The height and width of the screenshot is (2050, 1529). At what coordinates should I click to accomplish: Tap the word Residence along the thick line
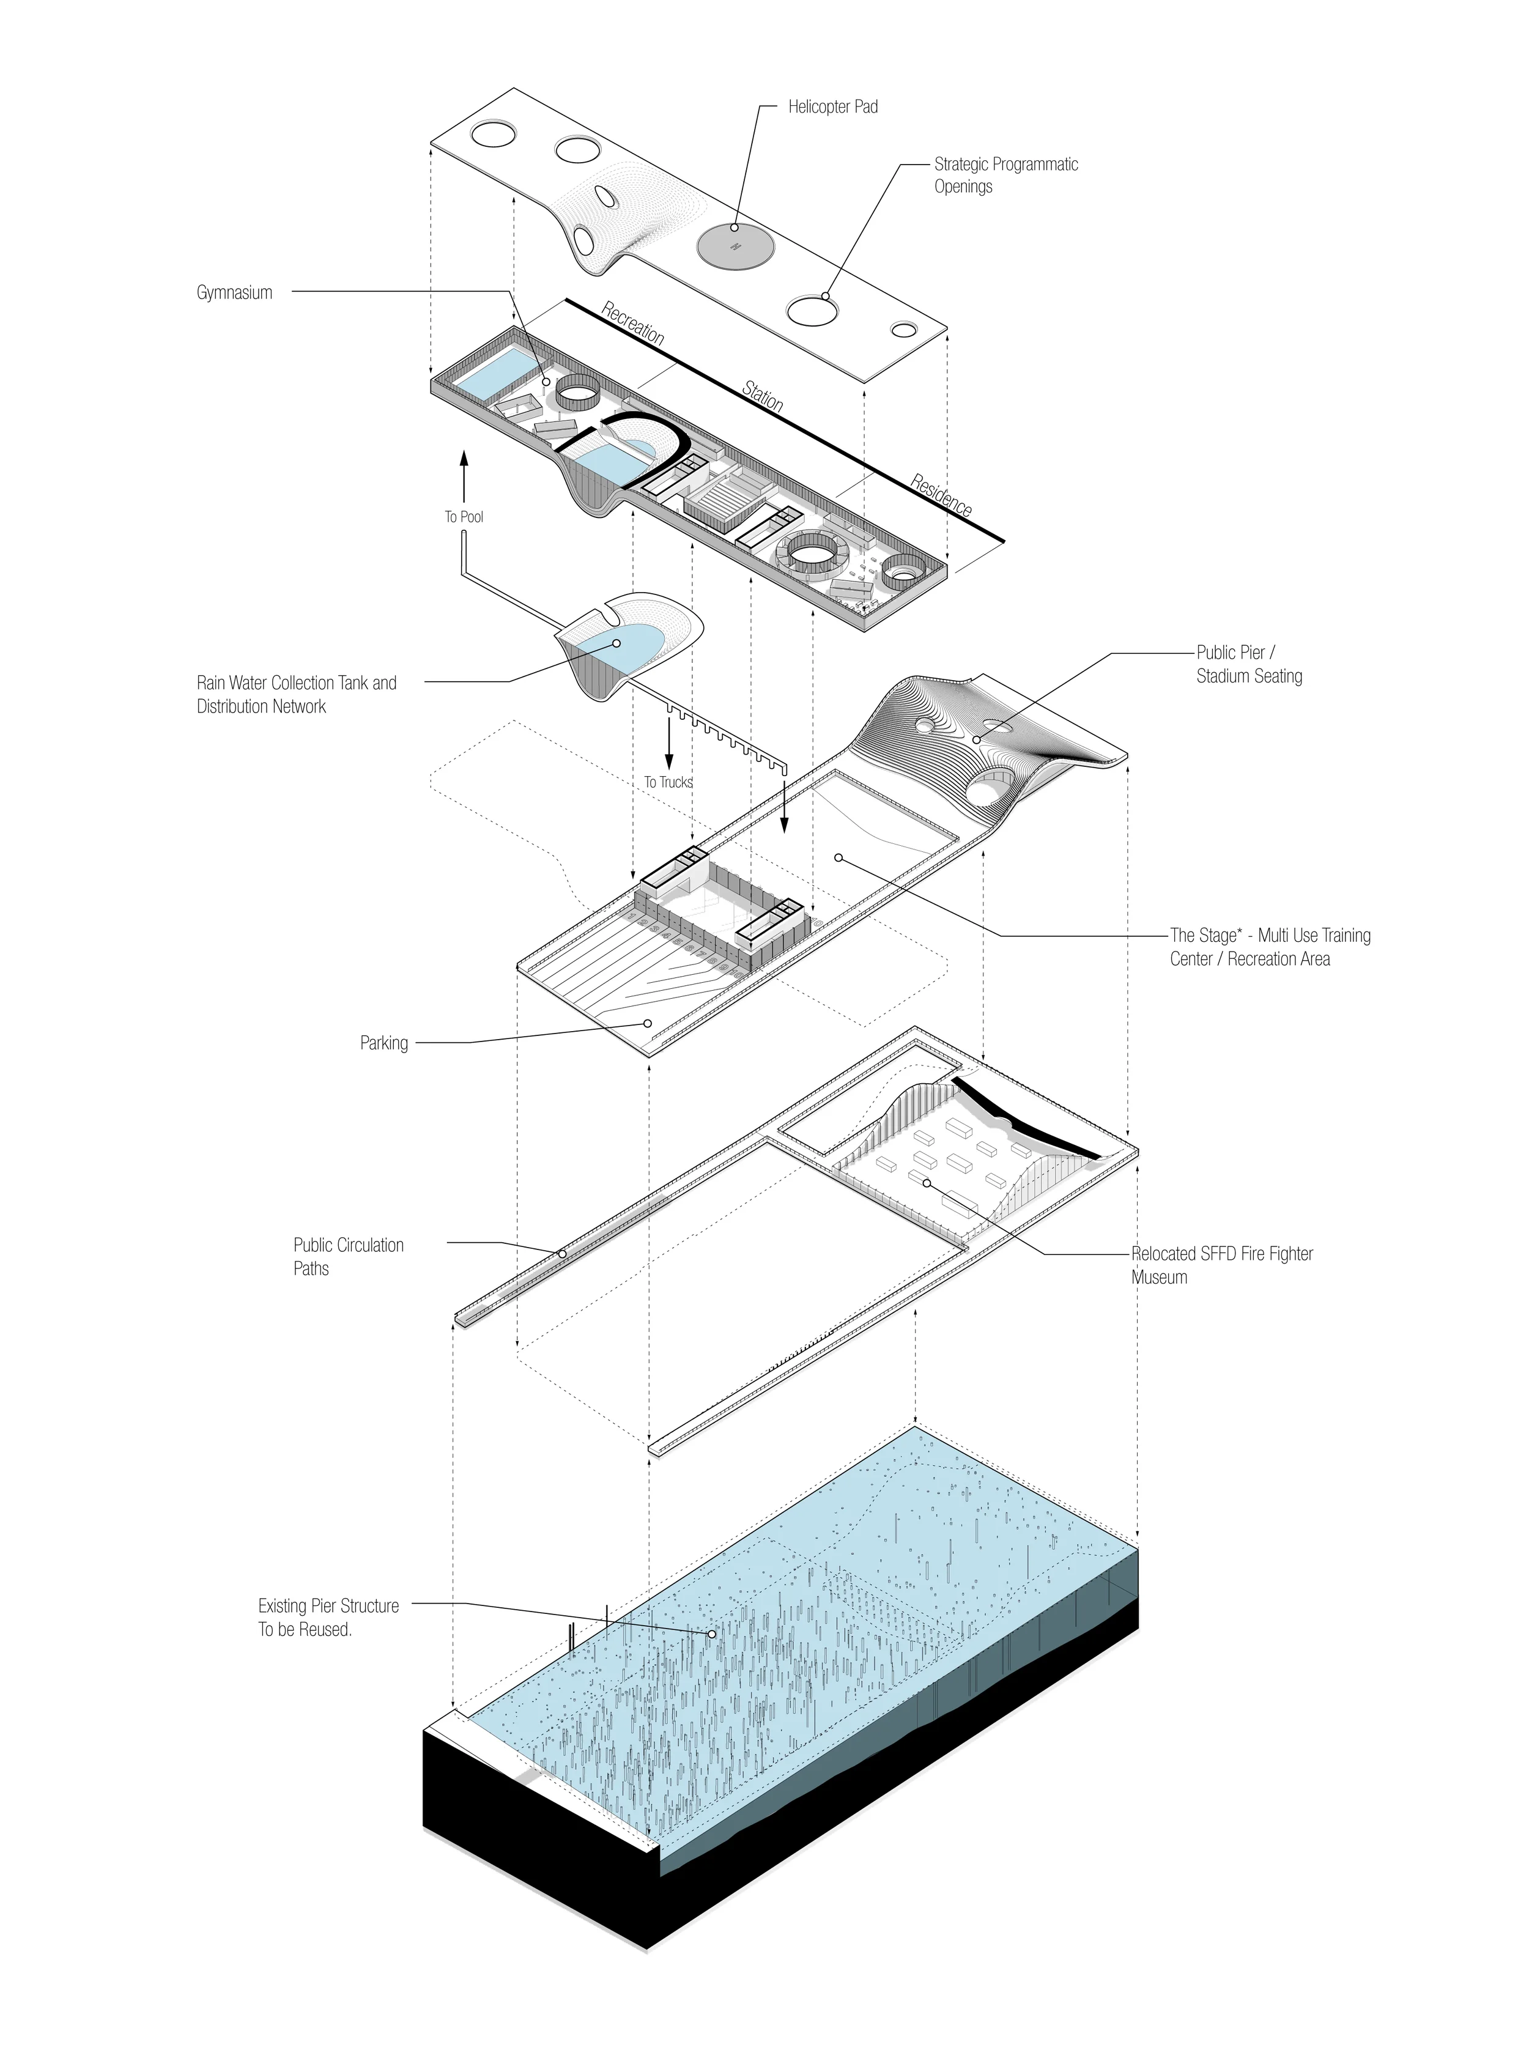click(941, 495)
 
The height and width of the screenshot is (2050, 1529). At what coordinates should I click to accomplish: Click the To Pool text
click(464, 516)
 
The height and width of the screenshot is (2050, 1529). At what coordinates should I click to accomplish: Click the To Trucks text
click(668, 782)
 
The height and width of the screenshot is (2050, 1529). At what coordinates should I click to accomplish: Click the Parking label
click(384, 1043)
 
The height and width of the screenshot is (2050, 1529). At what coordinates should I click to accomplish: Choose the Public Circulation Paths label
click(348, 1256)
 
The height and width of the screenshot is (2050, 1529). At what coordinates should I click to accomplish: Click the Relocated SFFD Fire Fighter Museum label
click(1222, 1265)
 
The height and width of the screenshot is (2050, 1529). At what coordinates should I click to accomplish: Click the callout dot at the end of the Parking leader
click(648, 1023)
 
